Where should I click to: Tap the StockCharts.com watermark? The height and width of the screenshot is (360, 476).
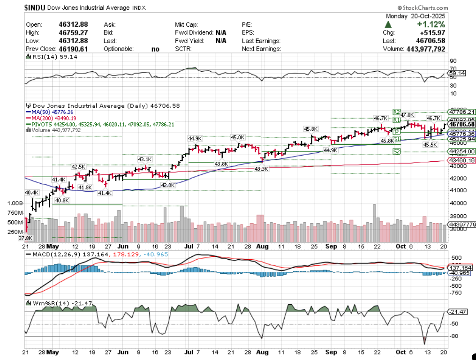point(423,8)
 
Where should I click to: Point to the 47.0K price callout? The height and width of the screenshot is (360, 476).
point(408,115)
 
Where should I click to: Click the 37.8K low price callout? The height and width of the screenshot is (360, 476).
point(31,238)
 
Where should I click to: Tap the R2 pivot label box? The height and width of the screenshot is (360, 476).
point(396,112)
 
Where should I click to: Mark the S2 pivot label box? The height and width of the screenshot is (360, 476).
point(397,151)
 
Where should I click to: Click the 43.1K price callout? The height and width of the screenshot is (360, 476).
point(145,159)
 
